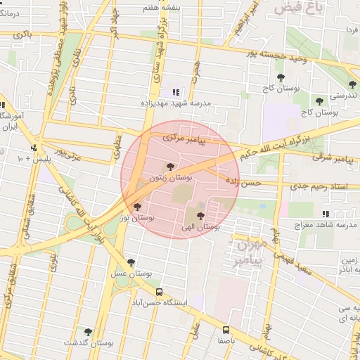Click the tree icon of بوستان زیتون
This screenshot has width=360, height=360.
click(x=169, y=166)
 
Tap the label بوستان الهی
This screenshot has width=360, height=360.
click(x=201, y=227)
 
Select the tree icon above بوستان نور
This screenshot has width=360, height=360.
click(x=136, y=207)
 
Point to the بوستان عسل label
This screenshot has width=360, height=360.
click(x=131, y=272)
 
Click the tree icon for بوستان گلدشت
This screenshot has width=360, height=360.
click(x=88, y=332)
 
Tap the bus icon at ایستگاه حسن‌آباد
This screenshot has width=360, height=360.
click(x=159, y=291)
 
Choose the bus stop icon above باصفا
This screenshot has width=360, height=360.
click(x=226, y=329)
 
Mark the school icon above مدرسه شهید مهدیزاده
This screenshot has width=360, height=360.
click(x=176, y=92)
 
